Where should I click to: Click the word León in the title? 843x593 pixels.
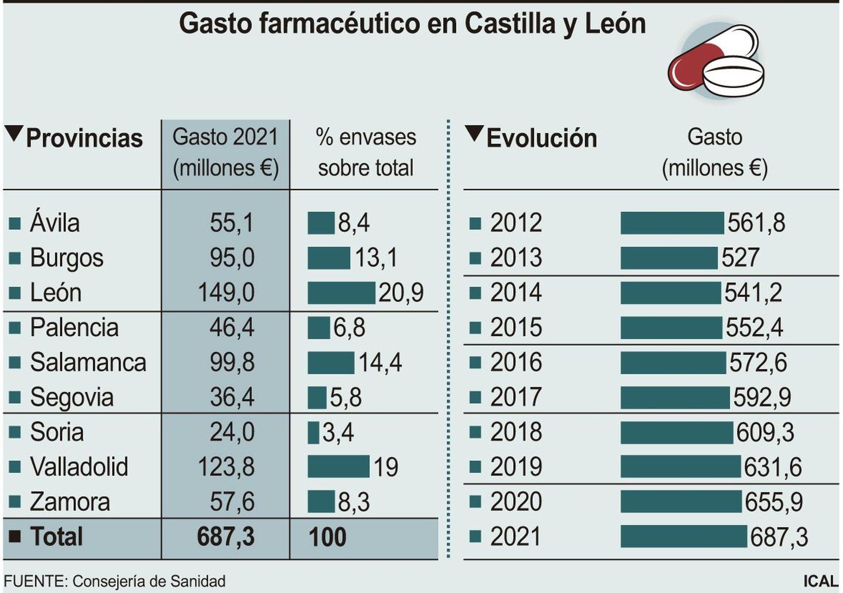click(615, 24)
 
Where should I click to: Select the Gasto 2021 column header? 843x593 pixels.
click(226, 153)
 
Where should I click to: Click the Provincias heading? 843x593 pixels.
click(84, 138)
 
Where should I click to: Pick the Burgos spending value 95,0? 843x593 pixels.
click(232, 258)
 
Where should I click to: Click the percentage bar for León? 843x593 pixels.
click(341, 293)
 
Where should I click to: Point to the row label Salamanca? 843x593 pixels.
click(87, 363)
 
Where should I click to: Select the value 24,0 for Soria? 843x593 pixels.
click(232, 432)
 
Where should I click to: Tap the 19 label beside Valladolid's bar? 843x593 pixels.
click(386, 467)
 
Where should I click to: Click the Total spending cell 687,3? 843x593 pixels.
click(226, 537)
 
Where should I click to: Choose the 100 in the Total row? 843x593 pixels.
click(327, 537)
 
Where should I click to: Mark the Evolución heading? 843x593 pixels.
click(541, 138)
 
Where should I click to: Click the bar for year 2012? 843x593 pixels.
click(672, 223)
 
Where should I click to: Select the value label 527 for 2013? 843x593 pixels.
click(740, 258)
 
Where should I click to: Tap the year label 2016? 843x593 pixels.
click(515, 363)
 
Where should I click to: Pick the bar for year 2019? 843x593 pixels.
click(680, 467)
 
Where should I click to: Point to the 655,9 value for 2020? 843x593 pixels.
click(773, 502)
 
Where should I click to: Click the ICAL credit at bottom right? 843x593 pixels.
click(820, 581)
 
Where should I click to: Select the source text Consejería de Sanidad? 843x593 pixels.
click(149, 581)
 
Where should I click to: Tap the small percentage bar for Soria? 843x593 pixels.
click(313, 433)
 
